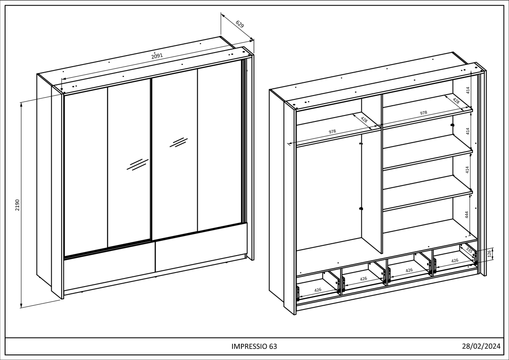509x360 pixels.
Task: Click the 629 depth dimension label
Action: tap(240, 24)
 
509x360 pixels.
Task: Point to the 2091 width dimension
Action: tap(157, 56)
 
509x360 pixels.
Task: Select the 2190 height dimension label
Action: tap(17, 205)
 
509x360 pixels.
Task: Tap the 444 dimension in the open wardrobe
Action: tap(467, 214)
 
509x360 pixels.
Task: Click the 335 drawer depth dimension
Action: tap(469, 250)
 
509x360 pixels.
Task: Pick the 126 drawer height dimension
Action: tap(489, 253)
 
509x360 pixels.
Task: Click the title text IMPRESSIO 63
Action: tap(254, 346)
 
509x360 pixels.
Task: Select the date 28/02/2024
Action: tap(481, 346)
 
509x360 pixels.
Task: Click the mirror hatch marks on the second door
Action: tap(137, 164)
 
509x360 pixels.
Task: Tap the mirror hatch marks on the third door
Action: tap(179, 142)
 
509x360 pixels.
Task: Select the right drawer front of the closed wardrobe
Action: tap(201, 247)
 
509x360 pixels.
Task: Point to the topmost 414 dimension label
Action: tap(467, 90)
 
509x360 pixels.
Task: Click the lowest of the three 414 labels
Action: tap(467, 170)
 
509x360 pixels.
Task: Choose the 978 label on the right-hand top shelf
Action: tap(423, 113)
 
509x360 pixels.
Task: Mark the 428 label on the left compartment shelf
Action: tap(364, 120)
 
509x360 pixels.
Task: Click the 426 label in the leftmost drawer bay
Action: tap(318, 290)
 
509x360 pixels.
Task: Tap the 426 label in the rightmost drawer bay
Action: tap(455, 261)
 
